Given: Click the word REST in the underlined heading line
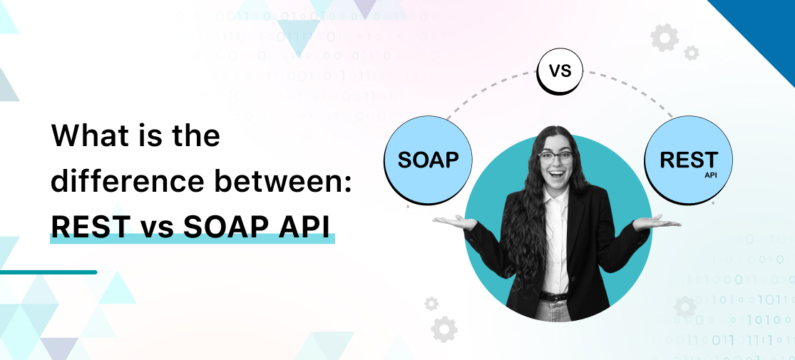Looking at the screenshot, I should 91,226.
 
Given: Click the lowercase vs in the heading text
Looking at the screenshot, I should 155,227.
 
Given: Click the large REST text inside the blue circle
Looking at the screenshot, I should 688,159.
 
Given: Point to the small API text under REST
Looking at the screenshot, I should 711,175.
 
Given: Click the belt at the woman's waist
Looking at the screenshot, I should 554,296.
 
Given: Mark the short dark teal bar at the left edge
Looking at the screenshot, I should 48,272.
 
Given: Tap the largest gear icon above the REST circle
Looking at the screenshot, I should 665,38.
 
